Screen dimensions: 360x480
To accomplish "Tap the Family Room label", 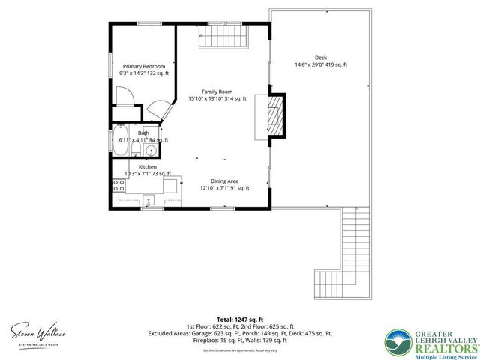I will pos(217,91).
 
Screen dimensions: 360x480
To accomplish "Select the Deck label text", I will pos(320,58).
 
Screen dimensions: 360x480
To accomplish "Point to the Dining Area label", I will pos(224,181).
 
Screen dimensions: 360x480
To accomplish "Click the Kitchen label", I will pos(148,166).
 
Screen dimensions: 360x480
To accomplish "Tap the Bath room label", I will pos(142,133).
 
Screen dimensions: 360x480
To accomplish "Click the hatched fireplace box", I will pos(277,115).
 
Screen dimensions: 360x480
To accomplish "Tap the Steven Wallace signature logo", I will pos(37,331).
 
